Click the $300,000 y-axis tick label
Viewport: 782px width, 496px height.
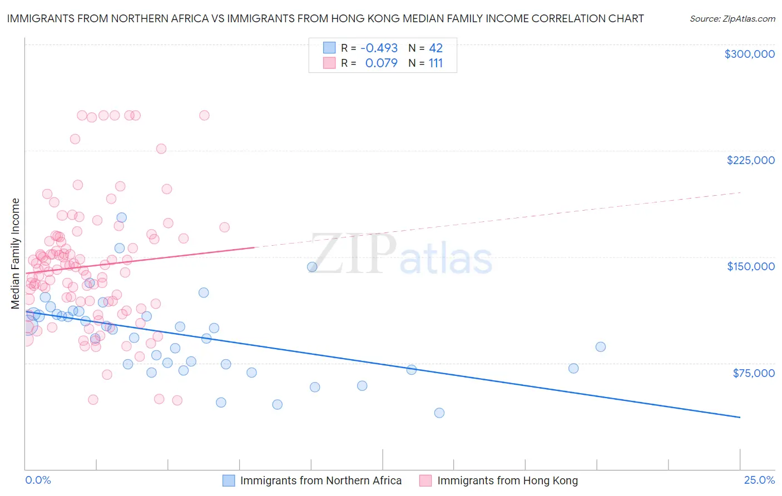click(749, 54)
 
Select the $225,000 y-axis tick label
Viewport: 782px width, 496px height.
click(750, 160)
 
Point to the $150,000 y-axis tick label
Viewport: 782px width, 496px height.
click(750, 266)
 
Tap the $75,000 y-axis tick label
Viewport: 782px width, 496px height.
click(753, 373)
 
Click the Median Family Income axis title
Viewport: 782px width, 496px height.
click(16, 254)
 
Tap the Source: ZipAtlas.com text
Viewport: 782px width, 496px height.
click(732, 19)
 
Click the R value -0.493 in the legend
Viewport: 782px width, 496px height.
click(379, 48)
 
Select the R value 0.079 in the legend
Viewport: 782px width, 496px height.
click(381, 63)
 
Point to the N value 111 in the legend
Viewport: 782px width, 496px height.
click(435, 63)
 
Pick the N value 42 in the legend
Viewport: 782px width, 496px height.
click(435, 48)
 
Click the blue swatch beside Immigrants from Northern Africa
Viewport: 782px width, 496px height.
click(229, 480)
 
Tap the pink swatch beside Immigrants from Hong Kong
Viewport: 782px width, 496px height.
click(425, 480)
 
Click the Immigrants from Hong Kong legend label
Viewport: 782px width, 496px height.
click(507, 480)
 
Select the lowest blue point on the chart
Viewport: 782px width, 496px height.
click(439, 413)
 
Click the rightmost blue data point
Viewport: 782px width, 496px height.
click(601, 347)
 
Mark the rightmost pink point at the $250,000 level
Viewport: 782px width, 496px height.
click(204, 115)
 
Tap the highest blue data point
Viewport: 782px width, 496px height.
click(121, 217)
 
